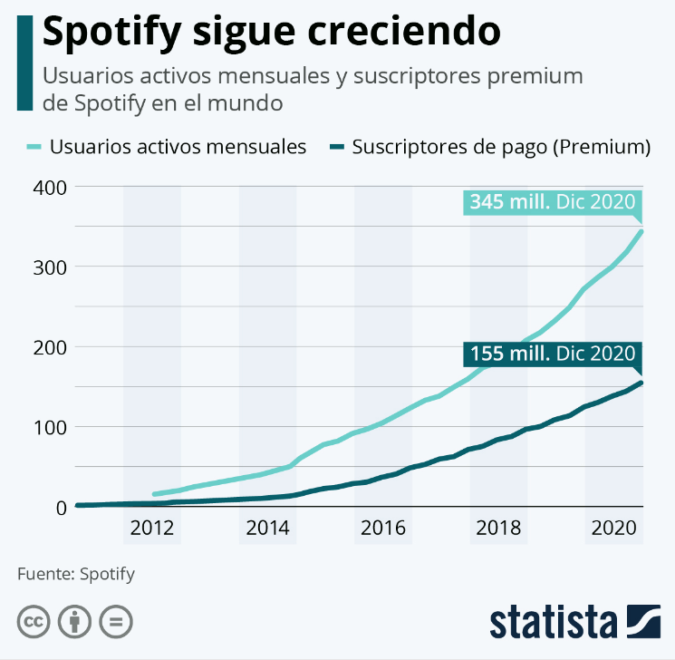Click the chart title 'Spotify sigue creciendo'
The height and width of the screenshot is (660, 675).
click(272, 32)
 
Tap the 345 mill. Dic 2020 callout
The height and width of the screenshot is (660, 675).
click(551, 202)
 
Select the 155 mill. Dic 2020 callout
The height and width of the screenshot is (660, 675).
click(551, 353)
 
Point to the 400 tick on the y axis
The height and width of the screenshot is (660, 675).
click(51, 187)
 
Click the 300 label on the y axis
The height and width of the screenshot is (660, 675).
click(51, 267)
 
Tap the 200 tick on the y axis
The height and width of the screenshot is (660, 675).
click(51, 346)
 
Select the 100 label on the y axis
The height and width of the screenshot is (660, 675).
click(51, 427)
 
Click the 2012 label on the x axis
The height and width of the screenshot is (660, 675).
click(152, 529)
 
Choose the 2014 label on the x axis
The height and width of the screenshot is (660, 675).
click(267, 529)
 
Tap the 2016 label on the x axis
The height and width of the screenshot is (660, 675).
click(382, 529)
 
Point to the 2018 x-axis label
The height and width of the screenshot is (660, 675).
click(497, 529)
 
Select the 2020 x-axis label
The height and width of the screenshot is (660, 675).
click(612, 529)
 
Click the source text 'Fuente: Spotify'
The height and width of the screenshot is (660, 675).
click(76, 573)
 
